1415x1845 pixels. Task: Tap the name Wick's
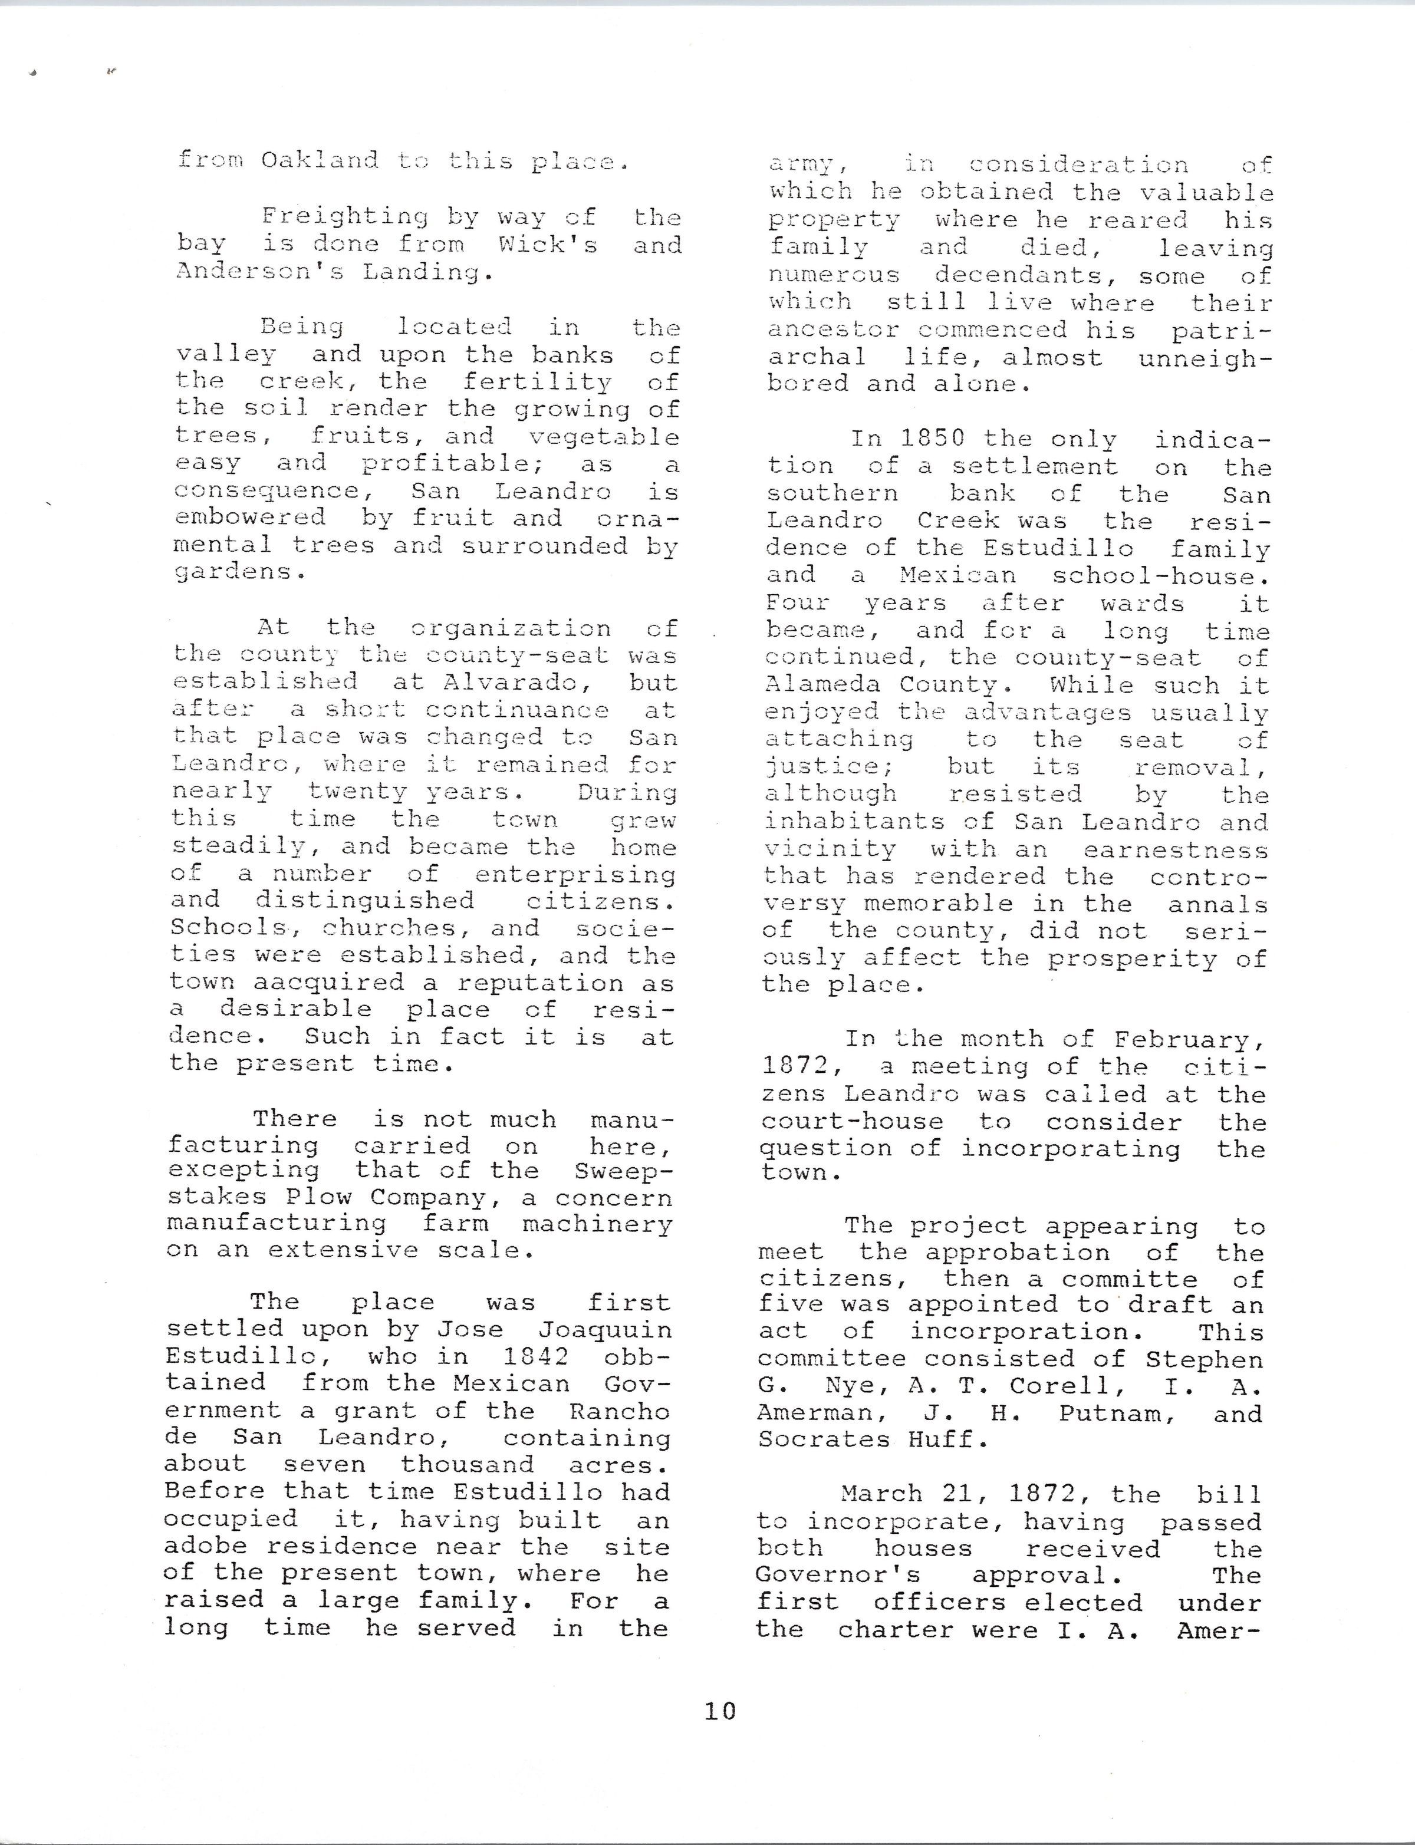tap(548, 245)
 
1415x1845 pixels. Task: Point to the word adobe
tap(206, 1546)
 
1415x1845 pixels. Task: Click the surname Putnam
tap(1117, 1413)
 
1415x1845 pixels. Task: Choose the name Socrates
tap(823, 1439)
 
